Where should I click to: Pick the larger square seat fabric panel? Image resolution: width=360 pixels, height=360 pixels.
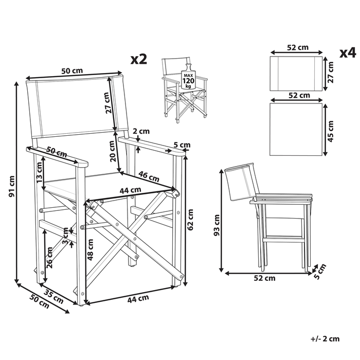point(296,129)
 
